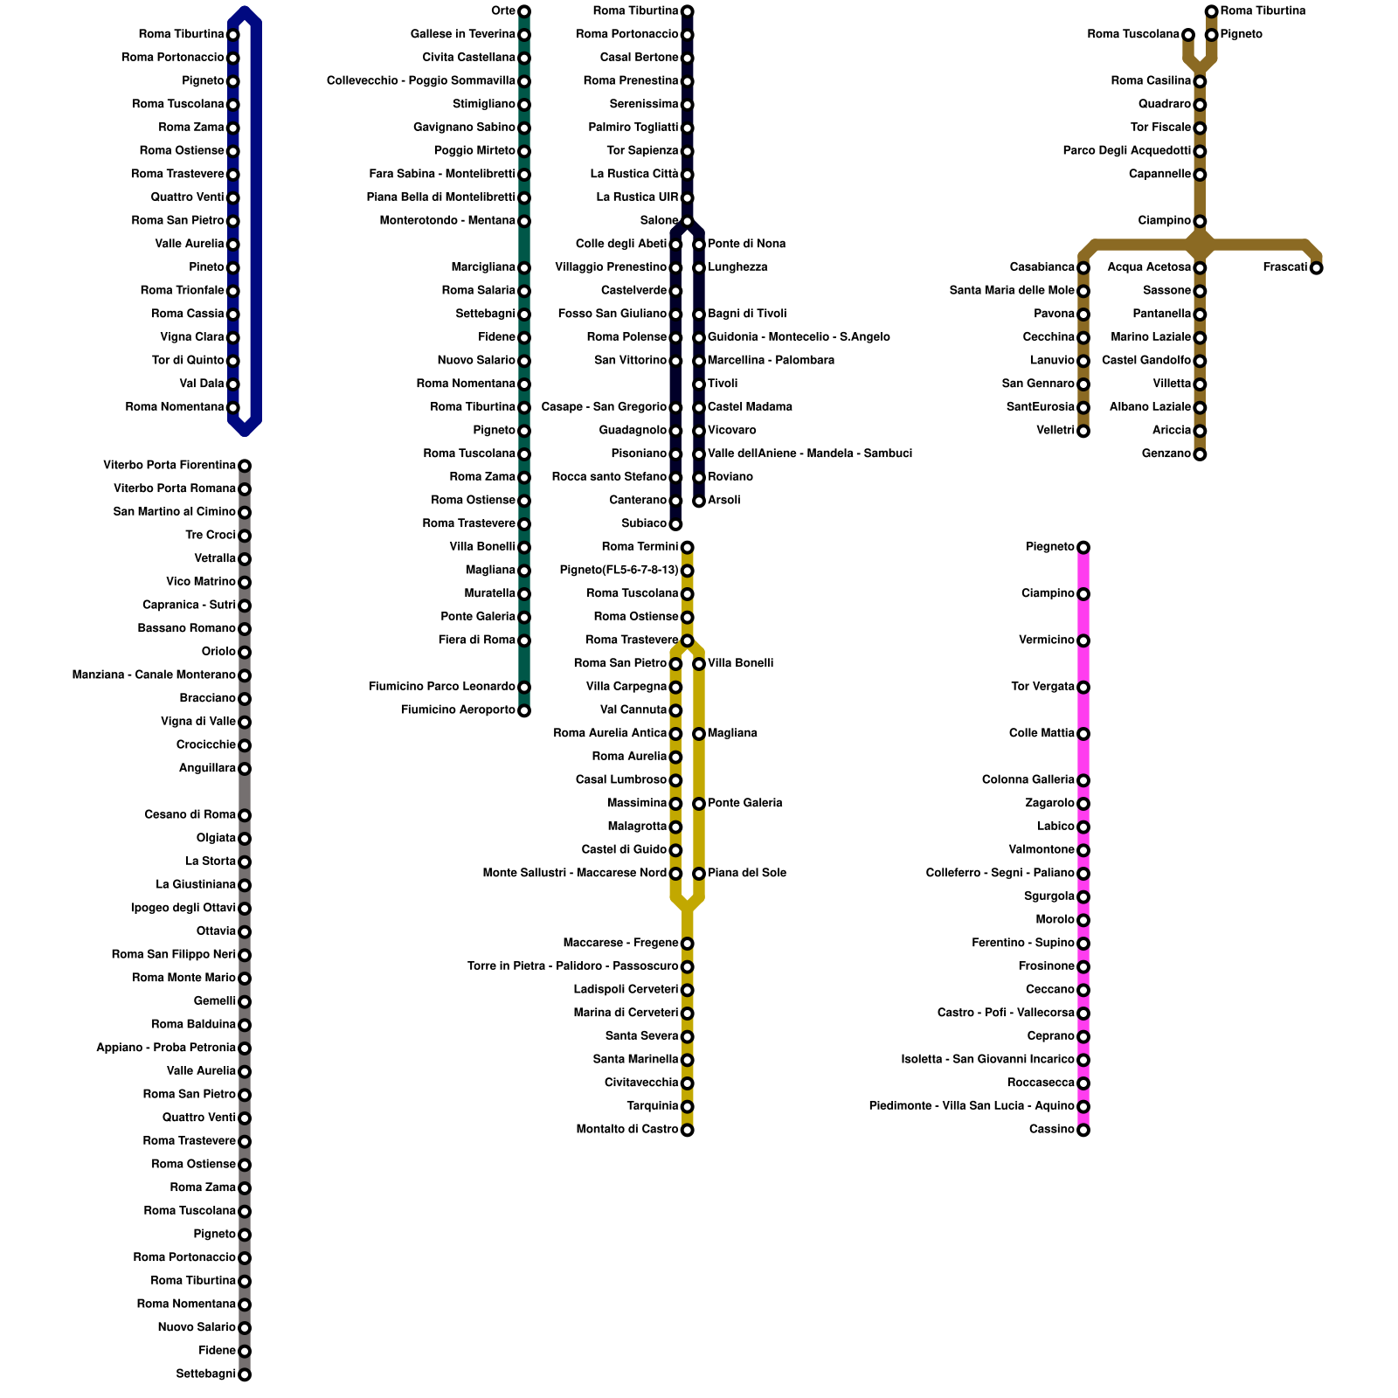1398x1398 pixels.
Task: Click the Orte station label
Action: [502, 11]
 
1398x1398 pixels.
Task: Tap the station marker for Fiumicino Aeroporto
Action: [524, 710]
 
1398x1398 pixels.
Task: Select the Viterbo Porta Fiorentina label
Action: [170, 466]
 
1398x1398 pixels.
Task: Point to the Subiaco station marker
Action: [675, 524]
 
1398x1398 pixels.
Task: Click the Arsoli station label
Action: [724, 501]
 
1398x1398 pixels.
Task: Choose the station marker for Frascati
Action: [1316, 267]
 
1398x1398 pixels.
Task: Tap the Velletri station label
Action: [1055, 431]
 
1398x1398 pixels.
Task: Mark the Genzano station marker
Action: [1201, 454]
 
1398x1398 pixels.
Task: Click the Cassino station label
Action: [1052, 1130]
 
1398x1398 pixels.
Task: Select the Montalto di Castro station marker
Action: [688, 1130]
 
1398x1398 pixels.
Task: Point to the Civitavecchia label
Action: [641, 1083]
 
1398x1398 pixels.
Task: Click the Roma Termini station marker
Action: [688, 548]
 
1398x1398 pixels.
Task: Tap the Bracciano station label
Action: [207, 699]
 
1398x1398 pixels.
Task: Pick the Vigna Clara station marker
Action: [233, 337]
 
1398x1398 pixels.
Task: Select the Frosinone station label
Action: [1047, 966]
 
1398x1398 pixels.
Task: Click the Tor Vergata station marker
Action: [1083, 688]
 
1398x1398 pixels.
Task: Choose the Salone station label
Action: [659, 221]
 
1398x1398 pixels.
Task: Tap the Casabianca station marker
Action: [1083, 267]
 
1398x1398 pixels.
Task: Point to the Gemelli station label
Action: [215, 1001]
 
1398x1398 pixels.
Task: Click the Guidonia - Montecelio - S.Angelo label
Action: [799, 337]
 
